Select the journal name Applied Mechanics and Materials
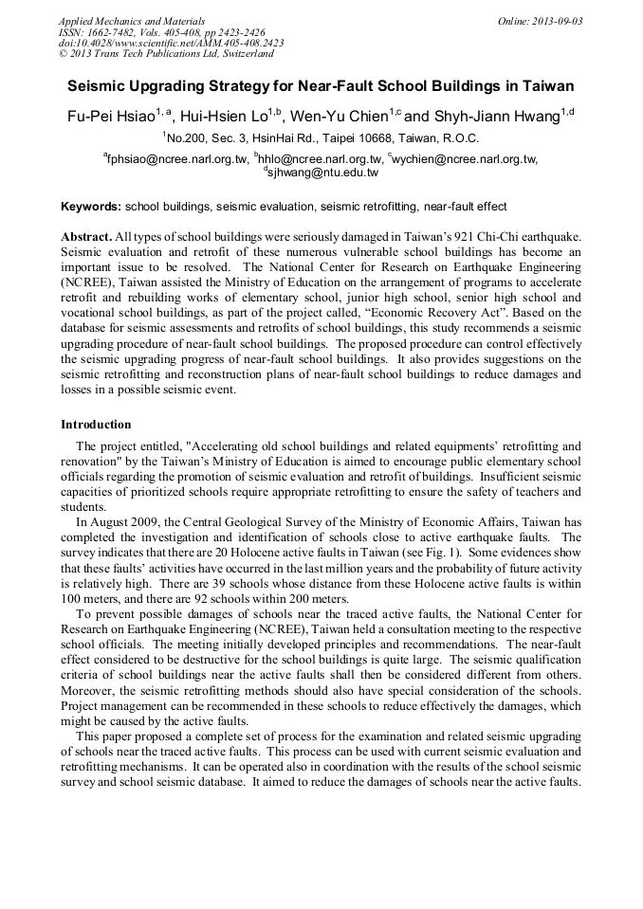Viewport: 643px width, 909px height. pyautogui.click(x=131, y=21)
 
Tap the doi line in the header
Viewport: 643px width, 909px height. pyautogui.click(x=171, y=43)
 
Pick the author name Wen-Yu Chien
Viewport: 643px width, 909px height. pyautogui.click(x=344, y=116)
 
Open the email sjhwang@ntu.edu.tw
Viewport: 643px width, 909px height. pyautogui.click(x=323, y=173)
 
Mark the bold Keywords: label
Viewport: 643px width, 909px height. pyautogui.click(x=91, y=207)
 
